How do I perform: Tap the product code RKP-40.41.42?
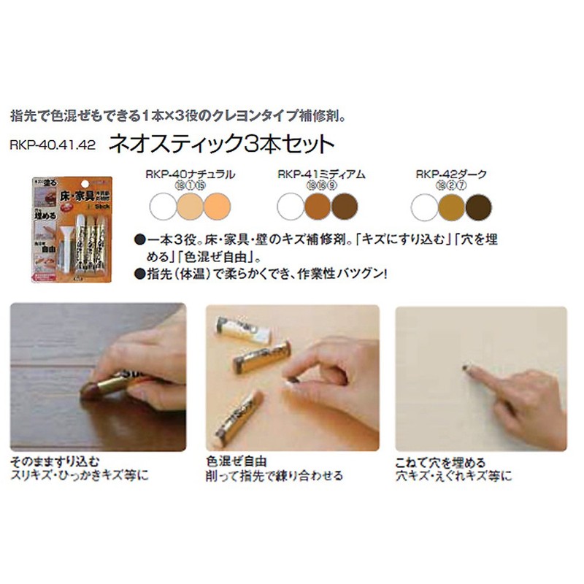click(53, 144)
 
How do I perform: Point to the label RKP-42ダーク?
click(450, 176)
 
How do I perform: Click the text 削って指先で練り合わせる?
click(274, 476)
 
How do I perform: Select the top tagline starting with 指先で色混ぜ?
click(182, 115)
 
